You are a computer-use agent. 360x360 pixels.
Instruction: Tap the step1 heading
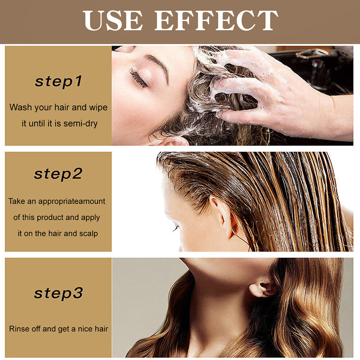pos(58,81)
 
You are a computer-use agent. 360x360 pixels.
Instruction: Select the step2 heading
pos(58,174)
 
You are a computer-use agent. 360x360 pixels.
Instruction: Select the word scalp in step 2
pos(89,233)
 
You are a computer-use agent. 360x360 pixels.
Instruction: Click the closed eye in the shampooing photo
pos(139,77)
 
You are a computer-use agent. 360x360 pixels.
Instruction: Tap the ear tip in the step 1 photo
pos(173,141)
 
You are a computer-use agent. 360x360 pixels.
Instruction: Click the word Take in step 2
pos(17,201)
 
